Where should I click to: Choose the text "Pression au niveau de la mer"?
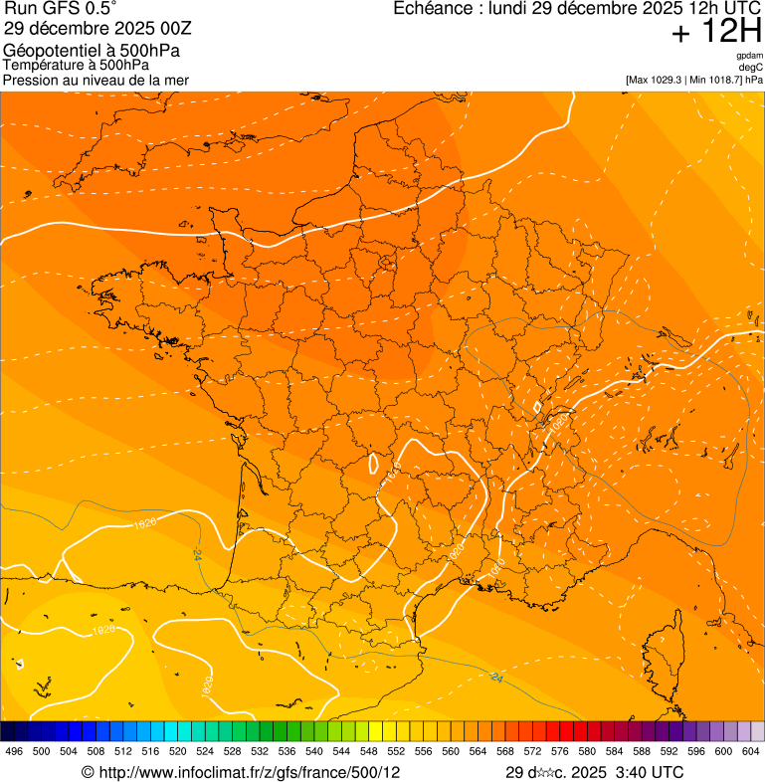click(x=96, y=80)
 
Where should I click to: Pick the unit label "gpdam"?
click(x=749, y=56)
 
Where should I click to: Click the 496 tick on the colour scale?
click(x=14, y=751)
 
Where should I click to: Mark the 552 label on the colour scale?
click(x=396, y=751)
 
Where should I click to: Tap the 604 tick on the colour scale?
click(x=751, y=751)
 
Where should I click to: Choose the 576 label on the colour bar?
click(x=560, y=751)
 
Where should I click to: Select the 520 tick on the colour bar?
click(x=178, y=751)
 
